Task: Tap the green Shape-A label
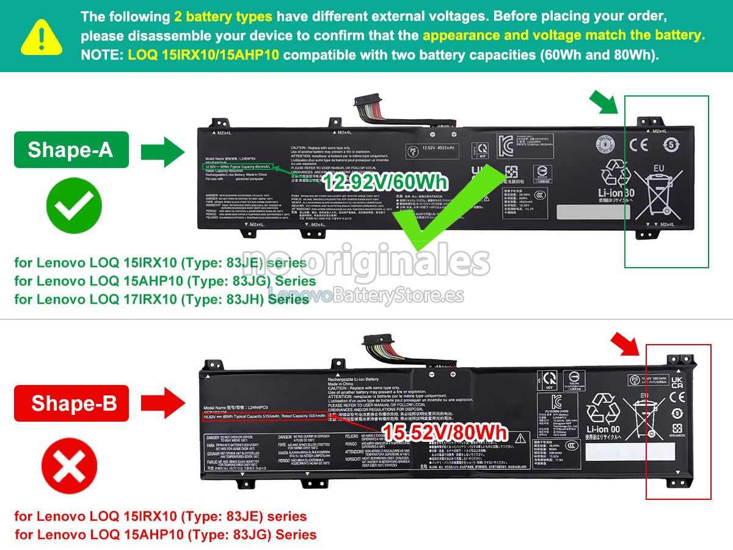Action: pyautogui.click(x=71, y=150)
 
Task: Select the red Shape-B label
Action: pyautogui.click(x=71, y=403)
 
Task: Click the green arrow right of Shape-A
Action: pyautogui.click(x=162, y=151)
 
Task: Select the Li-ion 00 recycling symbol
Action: pyautogui.click(x=603, y=416)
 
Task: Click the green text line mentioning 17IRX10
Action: pyautogui.click(x=162, y=299)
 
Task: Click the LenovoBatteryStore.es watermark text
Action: pyautogui.click(x=366, y=296)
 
